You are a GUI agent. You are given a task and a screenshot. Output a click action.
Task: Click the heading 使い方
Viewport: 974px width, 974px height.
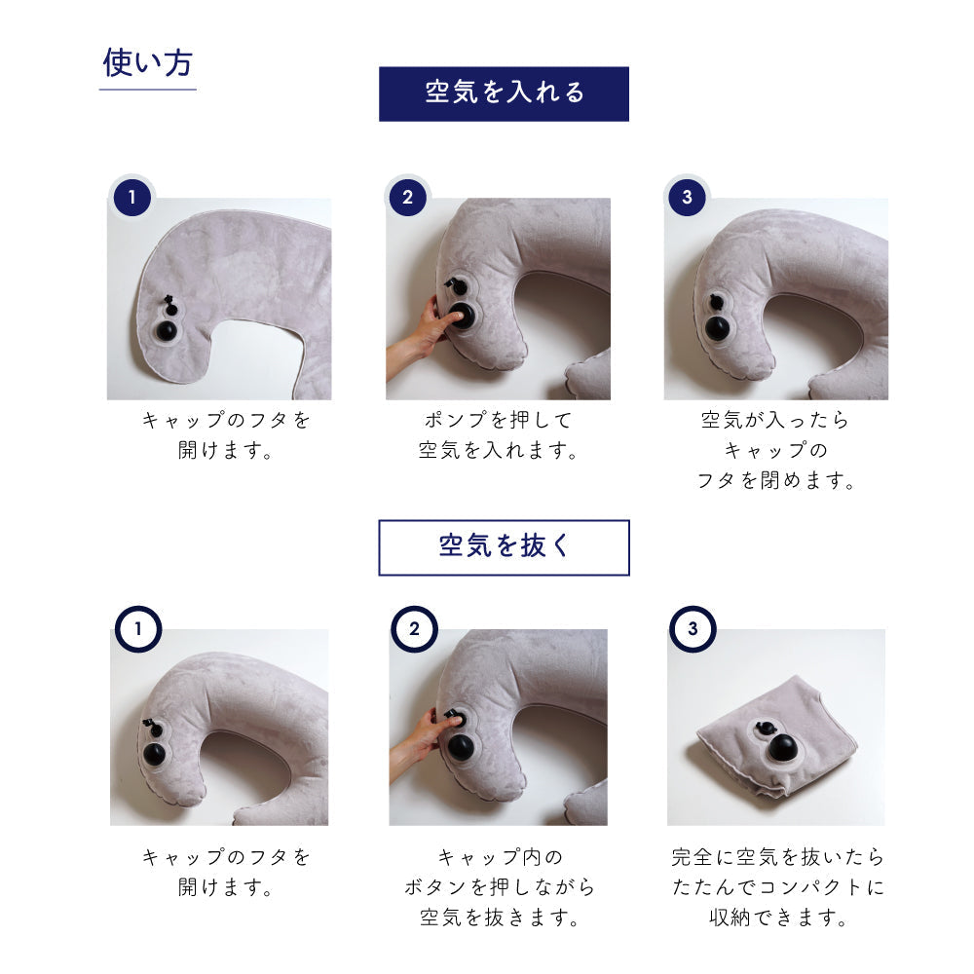click(x=147, y=62)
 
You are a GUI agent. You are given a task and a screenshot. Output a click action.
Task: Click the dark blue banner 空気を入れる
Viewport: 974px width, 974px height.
click(x=504, y=94)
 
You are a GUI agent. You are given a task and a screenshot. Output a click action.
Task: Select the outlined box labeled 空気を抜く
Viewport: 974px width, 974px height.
click(x=504, y=547)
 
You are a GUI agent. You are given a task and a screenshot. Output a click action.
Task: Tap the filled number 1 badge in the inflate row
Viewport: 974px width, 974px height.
click(x=131, y=197)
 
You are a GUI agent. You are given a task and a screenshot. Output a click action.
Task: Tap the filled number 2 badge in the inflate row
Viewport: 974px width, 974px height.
click(x=407, y=197)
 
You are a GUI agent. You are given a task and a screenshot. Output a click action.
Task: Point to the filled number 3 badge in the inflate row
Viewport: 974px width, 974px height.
click(x=687, y=197)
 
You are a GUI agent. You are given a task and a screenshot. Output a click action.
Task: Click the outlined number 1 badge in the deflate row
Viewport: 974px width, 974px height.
click(x=138, y=628)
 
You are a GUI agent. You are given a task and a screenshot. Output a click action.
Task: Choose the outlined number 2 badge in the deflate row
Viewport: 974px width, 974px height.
click(x=414, y=628)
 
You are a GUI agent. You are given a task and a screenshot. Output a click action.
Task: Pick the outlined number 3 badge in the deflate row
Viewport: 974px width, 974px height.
click(x=693, y=628)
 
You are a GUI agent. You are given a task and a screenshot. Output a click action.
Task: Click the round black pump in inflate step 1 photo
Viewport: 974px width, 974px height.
click(x=166, y=330)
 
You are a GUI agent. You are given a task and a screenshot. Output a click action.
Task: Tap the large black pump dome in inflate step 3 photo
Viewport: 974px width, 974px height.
click(x=717, y=327)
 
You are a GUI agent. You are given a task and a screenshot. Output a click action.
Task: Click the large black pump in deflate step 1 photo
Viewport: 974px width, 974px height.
click(x=155, y=754)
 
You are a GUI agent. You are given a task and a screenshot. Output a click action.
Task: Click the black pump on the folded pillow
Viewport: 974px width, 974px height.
click(x=782, y=748)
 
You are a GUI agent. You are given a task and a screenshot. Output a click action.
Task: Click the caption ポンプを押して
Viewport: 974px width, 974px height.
click(x=498, y=421)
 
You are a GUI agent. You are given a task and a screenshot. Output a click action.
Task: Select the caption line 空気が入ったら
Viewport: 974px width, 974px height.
click(x=775, y=421)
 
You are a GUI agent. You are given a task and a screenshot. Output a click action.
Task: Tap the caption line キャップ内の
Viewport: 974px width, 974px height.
click(x=500, y=857)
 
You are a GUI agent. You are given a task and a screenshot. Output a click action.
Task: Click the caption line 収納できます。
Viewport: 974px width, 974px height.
click(x=777, y=918)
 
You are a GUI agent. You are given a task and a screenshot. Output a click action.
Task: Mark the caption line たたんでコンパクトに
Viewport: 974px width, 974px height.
click(x=777, y=887)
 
